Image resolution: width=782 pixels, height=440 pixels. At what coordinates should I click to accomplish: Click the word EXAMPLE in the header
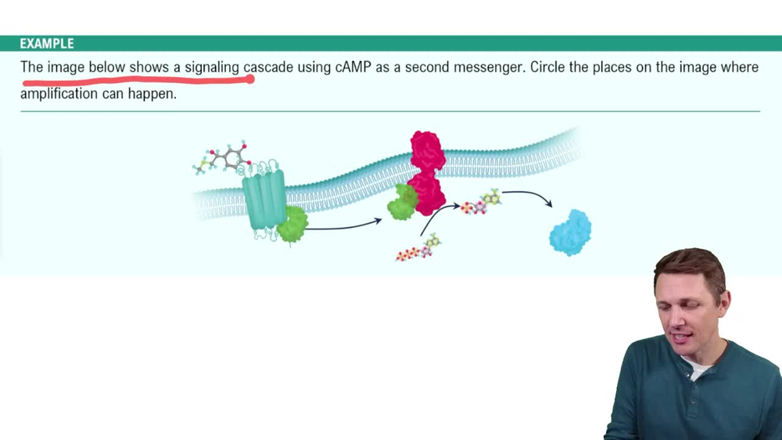pos(47,43)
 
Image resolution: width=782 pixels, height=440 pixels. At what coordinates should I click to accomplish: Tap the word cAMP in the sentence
pos(353,67)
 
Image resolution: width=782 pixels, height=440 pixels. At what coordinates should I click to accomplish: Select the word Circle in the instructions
pos(548,67)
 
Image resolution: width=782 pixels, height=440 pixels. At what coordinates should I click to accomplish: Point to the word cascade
pos(268,67)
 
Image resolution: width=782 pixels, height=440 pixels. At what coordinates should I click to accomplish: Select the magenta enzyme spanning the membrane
pos(427,173)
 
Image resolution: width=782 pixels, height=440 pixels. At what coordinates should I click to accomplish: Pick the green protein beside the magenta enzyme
pos(403,202)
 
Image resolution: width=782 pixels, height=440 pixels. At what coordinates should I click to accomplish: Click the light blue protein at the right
pos(570,233)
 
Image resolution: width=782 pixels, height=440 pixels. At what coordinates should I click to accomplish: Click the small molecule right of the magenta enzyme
pos(481,203)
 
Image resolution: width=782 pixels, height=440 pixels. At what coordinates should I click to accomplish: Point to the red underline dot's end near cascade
pos(250,79)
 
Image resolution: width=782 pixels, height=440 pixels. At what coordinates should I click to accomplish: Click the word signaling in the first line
pos(212,67)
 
